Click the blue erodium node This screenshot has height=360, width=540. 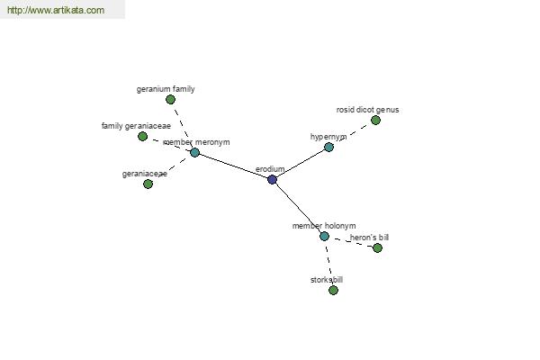272,179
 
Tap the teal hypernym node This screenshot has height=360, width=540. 328,148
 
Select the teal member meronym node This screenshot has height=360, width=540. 194,152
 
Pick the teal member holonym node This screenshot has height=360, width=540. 324,237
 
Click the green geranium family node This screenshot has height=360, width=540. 170,100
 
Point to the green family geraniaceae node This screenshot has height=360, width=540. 142,137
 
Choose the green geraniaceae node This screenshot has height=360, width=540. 148,184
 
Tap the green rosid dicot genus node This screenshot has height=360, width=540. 375,121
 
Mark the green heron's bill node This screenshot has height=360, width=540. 377,248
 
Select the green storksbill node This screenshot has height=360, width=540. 333,291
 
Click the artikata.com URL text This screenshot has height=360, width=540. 56,10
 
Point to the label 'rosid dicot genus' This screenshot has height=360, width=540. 367,110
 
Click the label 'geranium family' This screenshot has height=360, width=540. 166,89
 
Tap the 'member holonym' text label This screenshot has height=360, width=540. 324,226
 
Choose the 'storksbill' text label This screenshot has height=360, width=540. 327,280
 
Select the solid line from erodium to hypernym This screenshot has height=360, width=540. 301,164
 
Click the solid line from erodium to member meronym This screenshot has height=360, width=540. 233,166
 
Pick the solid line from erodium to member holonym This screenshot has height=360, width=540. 298,208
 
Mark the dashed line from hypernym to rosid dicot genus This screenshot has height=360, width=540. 352,134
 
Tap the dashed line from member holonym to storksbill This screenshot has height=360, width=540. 328,264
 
